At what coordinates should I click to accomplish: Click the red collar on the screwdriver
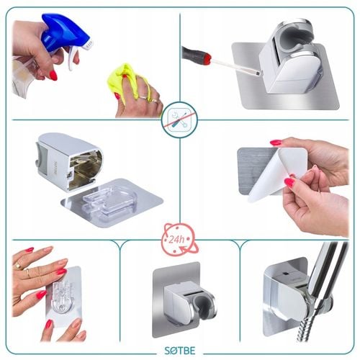pos(207,58)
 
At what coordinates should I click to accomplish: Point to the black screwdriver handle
pos(192,54)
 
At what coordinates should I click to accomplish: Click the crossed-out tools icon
pos(179,120)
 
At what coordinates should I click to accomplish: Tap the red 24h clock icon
pos(179,240)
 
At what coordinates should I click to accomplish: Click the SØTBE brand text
pos(180,351)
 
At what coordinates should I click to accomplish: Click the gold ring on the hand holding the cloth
pos(143,97)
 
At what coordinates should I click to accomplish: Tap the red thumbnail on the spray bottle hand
pos(53,75)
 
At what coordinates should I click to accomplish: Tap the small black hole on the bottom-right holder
pos(285,274)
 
